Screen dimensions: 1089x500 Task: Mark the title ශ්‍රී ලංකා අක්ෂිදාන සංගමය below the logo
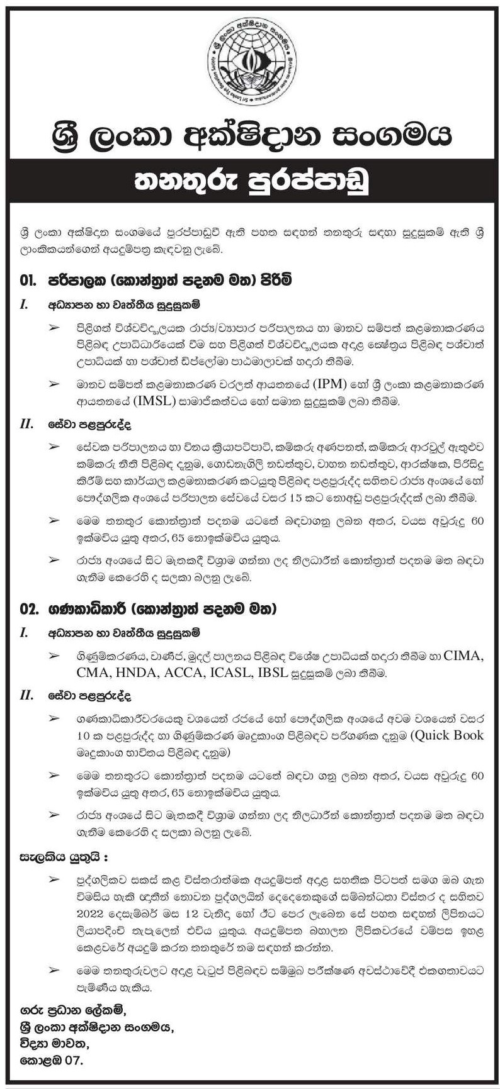point(250,134)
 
